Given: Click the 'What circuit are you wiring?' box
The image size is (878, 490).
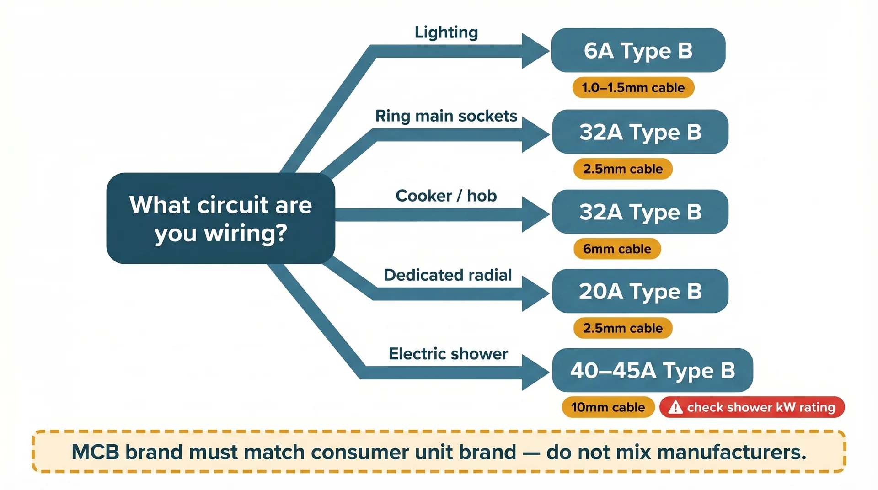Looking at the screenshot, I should [220, 218].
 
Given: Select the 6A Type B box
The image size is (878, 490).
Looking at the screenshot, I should [638, 50].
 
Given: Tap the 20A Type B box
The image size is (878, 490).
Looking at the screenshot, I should [640, 291].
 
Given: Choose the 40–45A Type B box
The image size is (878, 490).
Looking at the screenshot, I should [652, 370].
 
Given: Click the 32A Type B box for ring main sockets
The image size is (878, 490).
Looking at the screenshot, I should [640, 132].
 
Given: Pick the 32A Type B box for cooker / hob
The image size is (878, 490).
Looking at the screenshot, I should [640, 212].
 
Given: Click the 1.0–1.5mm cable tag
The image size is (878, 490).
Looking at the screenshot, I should [633, 87].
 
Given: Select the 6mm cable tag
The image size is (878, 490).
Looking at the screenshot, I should [617, 249].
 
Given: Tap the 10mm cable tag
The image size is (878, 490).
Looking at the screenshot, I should [608, 407].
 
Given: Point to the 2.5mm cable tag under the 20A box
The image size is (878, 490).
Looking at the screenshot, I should [622, 328].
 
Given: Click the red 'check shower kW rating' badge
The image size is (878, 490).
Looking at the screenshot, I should [752, 407].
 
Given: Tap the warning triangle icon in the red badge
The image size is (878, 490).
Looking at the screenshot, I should [675, 407].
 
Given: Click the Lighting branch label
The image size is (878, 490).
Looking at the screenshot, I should [446, 32].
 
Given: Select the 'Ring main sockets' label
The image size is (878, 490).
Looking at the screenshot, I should [446, 116].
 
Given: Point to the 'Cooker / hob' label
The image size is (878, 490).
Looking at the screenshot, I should [446, 196].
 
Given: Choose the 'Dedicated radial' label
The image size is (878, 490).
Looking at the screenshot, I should [448, 275].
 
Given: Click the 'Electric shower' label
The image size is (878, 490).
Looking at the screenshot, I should [448, 354].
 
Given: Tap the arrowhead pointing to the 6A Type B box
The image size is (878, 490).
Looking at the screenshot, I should [534, 51].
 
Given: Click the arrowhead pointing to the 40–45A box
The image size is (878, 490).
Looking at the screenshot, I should [534, 373].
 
